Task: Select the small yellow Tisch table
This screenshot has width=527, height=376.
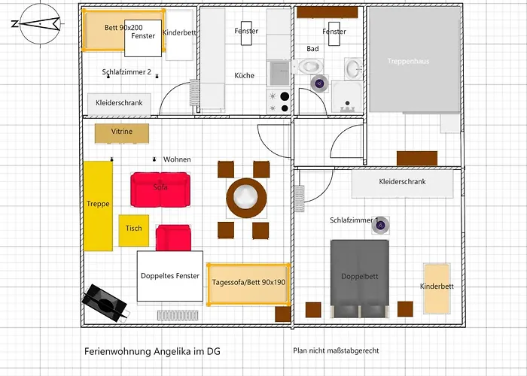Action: click(x=133, y=230)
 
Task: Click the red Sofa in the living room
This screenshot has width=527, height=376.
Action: click(x=160, y=188)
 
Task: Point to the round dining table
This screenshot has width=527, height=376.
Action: click(x=246, y=198)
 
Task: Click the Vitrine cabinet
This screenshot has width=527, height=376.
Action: click(x=121, y=132)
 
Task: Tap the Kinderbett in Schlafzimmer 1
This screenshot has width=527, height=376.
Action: click(x=437, y=288)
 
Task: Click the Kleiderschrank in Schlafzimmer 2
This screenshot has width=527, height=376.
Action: click(x=120, y=103)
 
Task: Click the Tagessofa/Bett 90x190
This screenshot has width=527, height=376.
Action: click(x=248, y=284)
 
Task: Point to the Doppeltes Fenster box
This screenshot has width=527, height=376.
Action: click(x=170, y=276)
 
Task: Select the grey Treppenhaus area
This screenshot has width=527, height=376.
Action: click(x=413, y=60)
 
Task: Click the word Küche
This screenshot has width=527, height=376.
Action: click(x=244, y=76)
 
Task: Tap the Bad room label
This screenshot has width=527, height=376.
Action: click(x=312, y=49)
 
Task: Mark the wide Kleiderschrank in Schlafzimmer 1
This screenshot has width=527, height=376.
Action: click(x=403, y=183)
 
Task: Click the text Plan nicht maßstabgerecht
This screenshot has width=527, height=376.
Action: click(x=336, y=351)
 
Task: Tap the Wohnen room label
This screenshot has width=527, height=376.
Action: click(x=177, y=159)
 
